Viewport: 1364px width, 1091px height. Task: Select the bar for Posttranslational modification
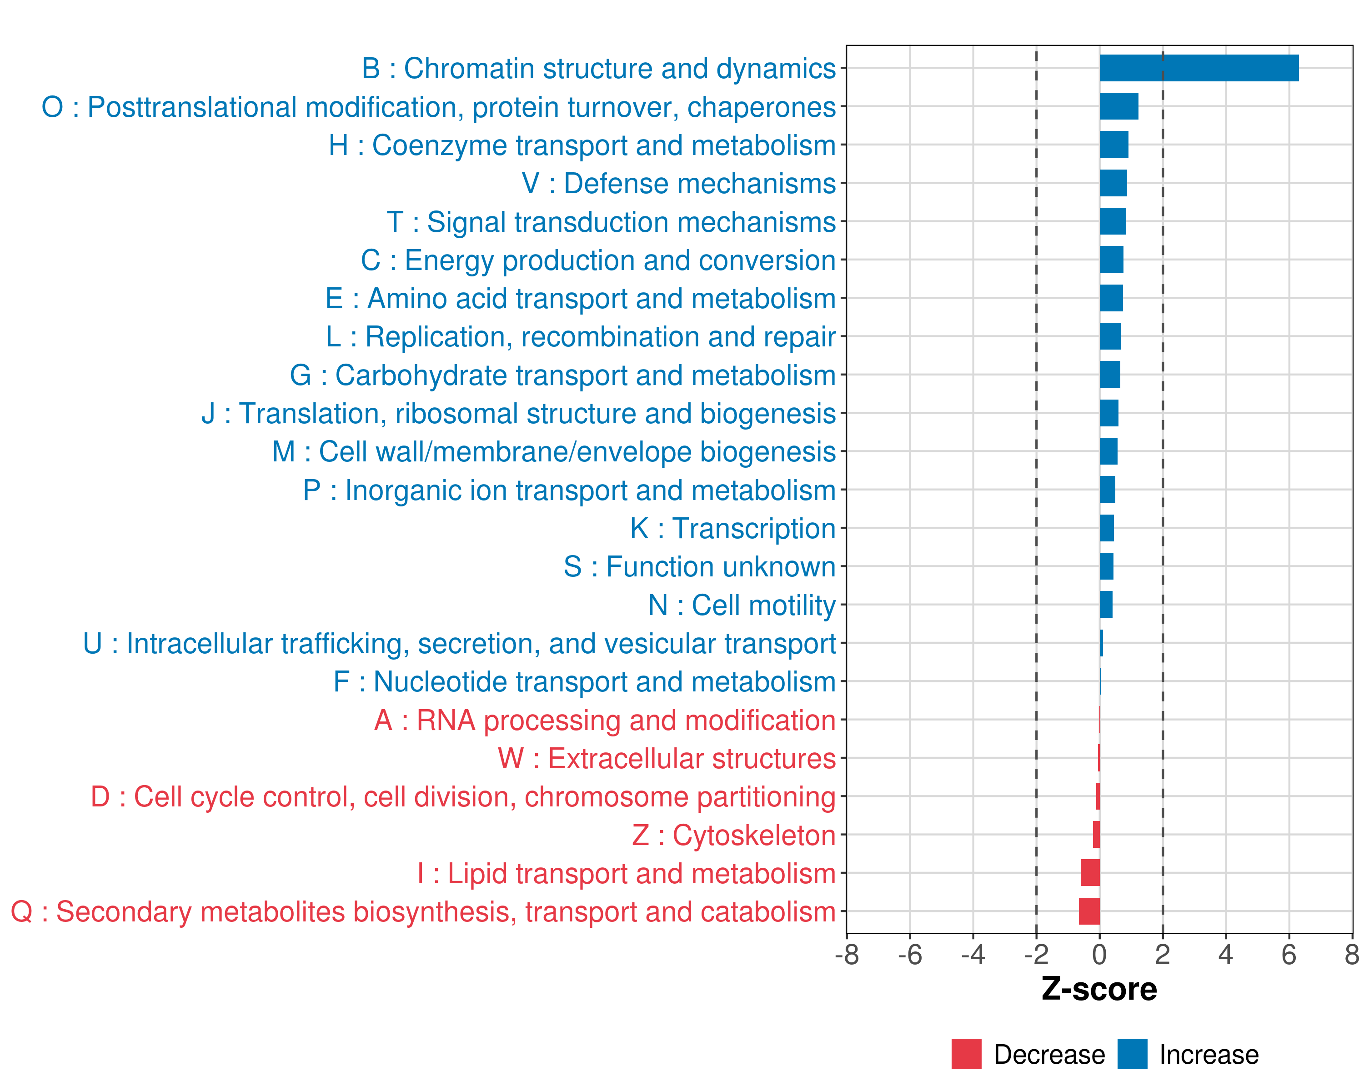[x=1118, y=106]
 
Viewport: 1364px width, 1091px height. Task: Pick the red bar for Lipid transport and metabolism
[x=1090, y=873]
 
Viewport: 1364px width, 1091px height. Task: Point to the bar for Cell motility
[x=1106, y=605]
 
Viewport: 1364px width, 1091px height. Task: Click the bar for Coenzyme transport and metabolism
[x=1113, y=145]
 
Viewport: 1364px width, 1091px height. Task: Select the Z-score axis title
[x=1099, y=989]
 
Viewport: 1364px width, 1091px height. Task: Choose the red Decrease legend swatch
[x=966, y=1054]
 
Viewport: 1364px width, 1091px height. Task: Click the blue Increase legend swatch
[x=1132, y=1054]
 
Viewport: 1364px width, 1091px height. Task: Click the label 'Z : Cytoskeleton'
[x=734, y=835]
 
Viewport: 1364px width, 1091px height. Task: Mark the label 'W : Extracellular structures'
[x=667, y=758]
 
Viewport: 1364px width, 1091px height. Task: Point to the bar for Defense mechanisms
[x=1113, y=183]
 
